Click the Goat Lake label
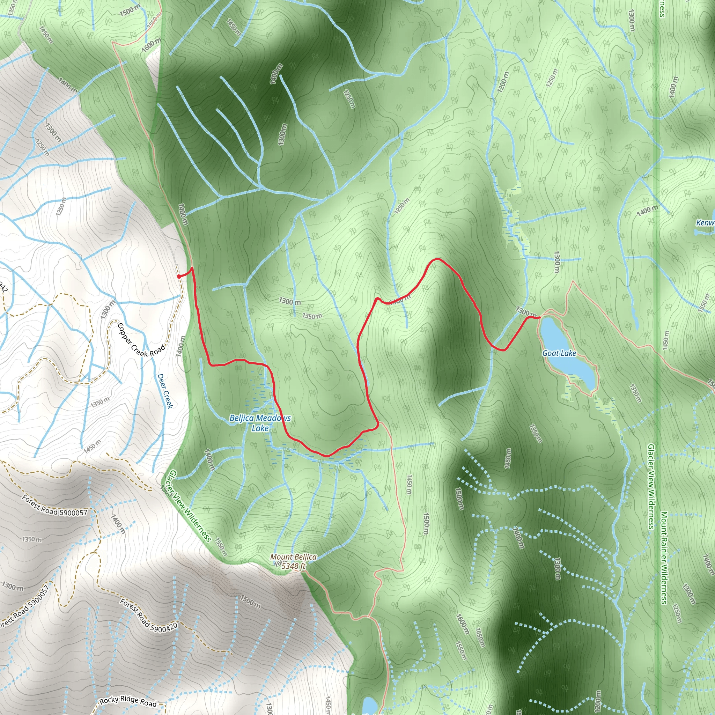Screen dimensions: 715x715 tap(559, 353)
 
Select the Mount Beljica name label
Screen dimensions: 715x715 tap(293, 557)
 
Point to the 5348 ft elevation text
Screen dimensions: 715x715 tap(294, 566)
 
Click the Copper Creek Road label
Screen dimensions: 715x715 tap(141, 340)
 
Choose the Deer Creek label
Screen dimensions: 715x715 tap(165, 391)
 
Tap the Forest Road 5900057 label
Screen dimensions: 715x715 tap(54, 505)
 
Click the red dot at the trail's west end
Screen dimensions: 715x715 tap(179, 277)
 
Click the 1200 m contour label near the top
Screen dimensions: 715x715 tap(503, 81)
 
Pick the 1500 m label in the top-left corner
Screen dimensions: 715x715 tap(130, 10)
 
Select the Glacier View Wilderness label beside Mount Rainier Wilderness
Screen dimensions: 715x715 tap(651, 487)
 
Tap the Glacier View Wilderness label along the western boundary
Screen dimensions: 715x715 tap(189, 506)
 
